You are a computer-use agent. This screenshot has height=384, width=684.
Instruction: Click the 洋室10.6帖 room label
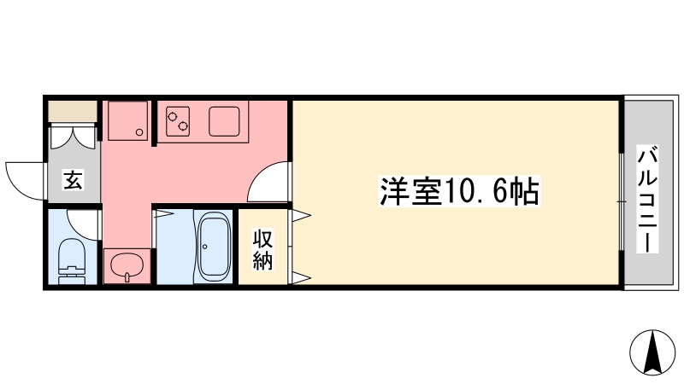coord(460,190)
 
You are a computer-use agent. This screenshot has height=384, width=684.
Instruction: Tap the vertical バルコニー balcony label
coord(648,200)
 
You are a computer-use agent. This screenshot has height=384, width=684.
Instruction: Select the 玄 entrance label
coord(73,180)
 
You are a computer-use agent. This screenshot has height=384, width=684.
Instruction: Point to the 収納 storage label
coord(263,250)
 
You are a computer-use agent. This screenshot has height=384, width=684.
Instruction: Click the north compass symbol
coord(652,352)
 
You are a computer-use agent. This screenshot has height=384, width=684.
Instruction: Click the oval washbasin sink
coord(127,265)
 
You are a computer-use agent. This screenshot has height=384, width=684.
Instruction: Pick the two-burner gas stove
coord(178,121)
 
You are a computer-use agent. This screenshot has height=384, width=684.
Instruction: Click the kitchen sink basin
coord(224,121)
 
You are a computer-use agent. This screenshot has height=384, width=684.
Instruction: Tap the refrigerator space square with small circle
coord(127,120)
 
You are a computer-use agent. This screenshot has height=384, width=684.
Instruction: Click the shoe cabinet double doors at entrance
coord(73,137)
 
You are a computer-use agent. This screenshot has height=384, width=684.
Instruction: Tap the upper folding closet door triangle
coord(301,215)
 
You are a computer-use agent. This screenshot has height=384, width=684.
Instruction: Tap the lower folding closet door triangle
coord(301,277)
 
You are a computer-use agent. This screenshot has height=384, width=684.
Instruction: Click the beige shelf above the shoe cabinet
coord(73,112)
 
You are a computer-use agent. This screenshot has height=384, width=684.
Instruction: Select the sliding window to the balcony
coord(622,202)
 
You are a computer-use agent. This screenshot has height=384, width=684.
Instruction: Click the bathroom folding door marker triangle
coord(164,214)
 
